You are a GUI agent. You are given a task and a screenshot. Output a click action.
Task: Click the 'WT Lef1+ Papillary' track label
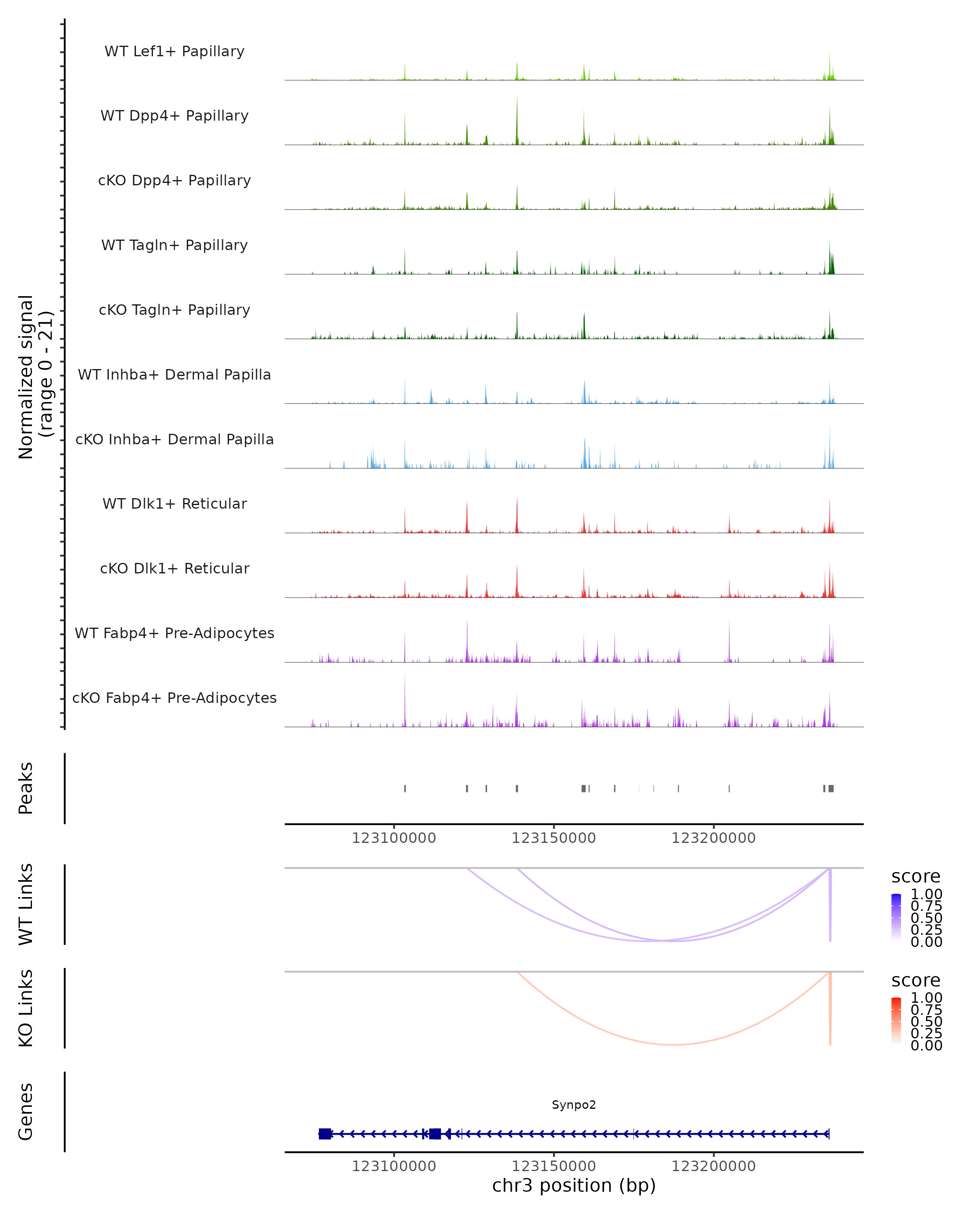[x=174, y=51]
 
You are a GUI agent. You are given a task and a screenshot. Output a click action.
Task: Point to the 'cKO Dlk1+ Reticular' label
[x=174, y=568]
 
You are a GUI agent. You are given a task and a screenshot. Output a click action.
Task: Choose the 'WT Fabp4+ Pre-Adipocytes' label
[x=174, y=633]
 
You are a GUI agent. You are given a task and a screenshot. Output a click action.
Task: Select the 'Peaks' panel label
[x=26, y=788]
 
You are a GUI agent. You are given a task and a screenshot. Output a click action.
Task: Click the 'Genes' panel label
[x=26, y=1112]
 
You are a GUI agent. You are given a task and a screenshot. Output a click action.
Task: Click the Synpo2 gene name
[x=574, y=1105]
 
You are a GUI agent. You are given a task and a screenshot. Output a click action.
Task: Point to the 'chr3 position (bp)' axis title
[x=574, y=1185]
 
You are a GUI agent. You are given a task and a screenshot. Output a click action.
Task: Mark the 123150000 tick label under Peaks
[x=553, y=838]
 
